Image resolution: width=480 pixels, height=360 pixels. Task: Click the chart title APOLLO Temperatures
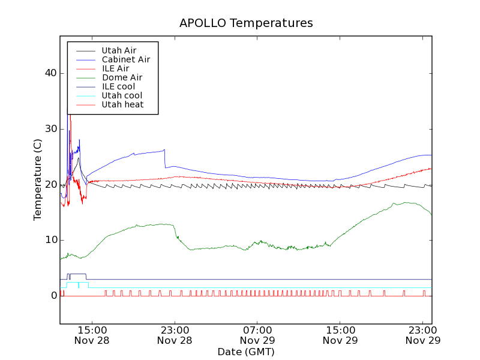[x=246, y=23]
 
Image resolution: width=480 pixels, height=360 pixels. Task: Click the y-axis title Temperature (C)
[x=38, y=179]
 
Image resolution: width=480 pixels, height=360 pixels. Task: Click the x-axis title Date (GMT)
[x=246, y=352]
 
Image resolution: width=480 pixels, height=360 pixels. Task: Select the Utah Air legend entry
[x=119, y=50]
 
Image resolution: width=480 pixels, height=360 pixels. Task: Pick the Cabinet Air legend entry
[x=125, y=59]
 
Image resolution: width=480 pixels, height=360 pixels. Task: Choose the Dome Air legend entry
[x=122, y=77]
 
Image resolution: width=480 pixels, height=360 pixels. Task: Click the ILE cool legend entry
[x=118, y=86]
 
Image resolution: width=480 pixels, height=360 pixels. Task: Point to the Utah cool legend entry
[x=122, y=95]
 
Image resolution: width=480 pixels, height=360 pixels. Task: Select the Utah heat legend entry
[x=122, y=104]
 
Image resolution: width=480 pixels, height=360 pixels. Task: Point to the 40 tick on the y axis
[x=50, y=73]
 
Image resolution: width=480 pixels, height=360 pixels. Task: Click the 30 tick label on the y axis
[x=50, y=129]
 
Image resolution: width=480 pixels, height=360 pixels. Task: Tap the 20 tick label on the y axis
[x=50, y=185]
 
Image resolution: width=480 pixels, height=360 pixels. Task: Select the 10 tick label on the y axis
[x=50, y=240]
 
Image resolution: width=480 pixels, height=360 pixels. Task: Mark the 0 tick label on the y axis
[x=53, y=296]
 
